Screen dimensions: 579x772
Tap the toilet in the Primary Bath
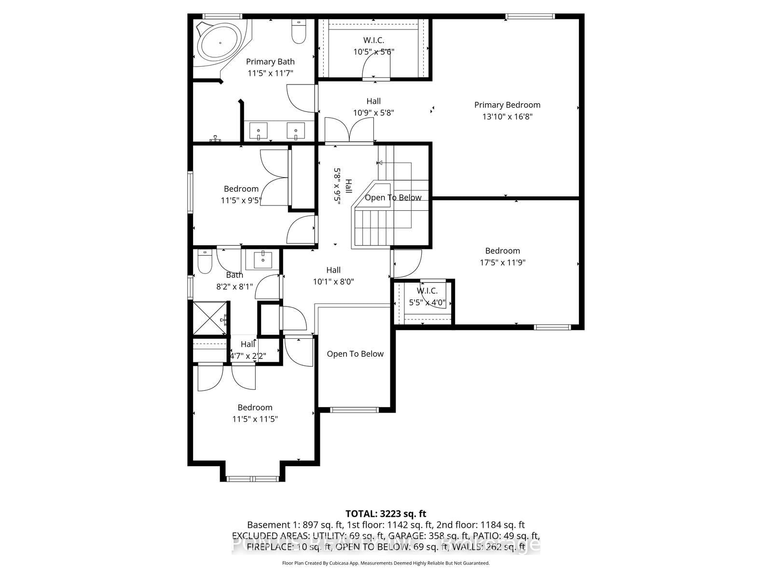299,31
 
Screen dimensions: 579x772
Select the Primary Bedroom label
507,105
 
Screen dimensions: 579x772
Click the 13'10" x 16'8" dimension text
507,116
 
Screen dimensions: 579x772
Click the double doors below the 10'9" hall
349,130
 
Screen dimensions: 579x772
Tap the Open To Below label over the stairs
393,197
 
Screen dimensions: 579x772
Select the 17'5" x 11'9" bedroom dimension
502,262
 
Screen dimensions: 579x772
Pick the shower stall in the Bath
209,318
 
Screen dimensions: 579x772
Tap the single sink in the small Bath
263,260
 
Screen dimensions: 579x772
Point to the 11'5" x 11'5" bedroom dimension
255,419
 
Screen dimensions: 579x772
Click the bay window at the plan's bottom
252,479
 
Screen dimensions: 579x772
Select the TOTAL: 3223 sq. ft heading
386,514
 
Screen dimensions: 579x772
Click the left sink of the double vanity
259,131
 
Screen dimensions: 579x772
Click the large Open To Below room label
355,354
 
